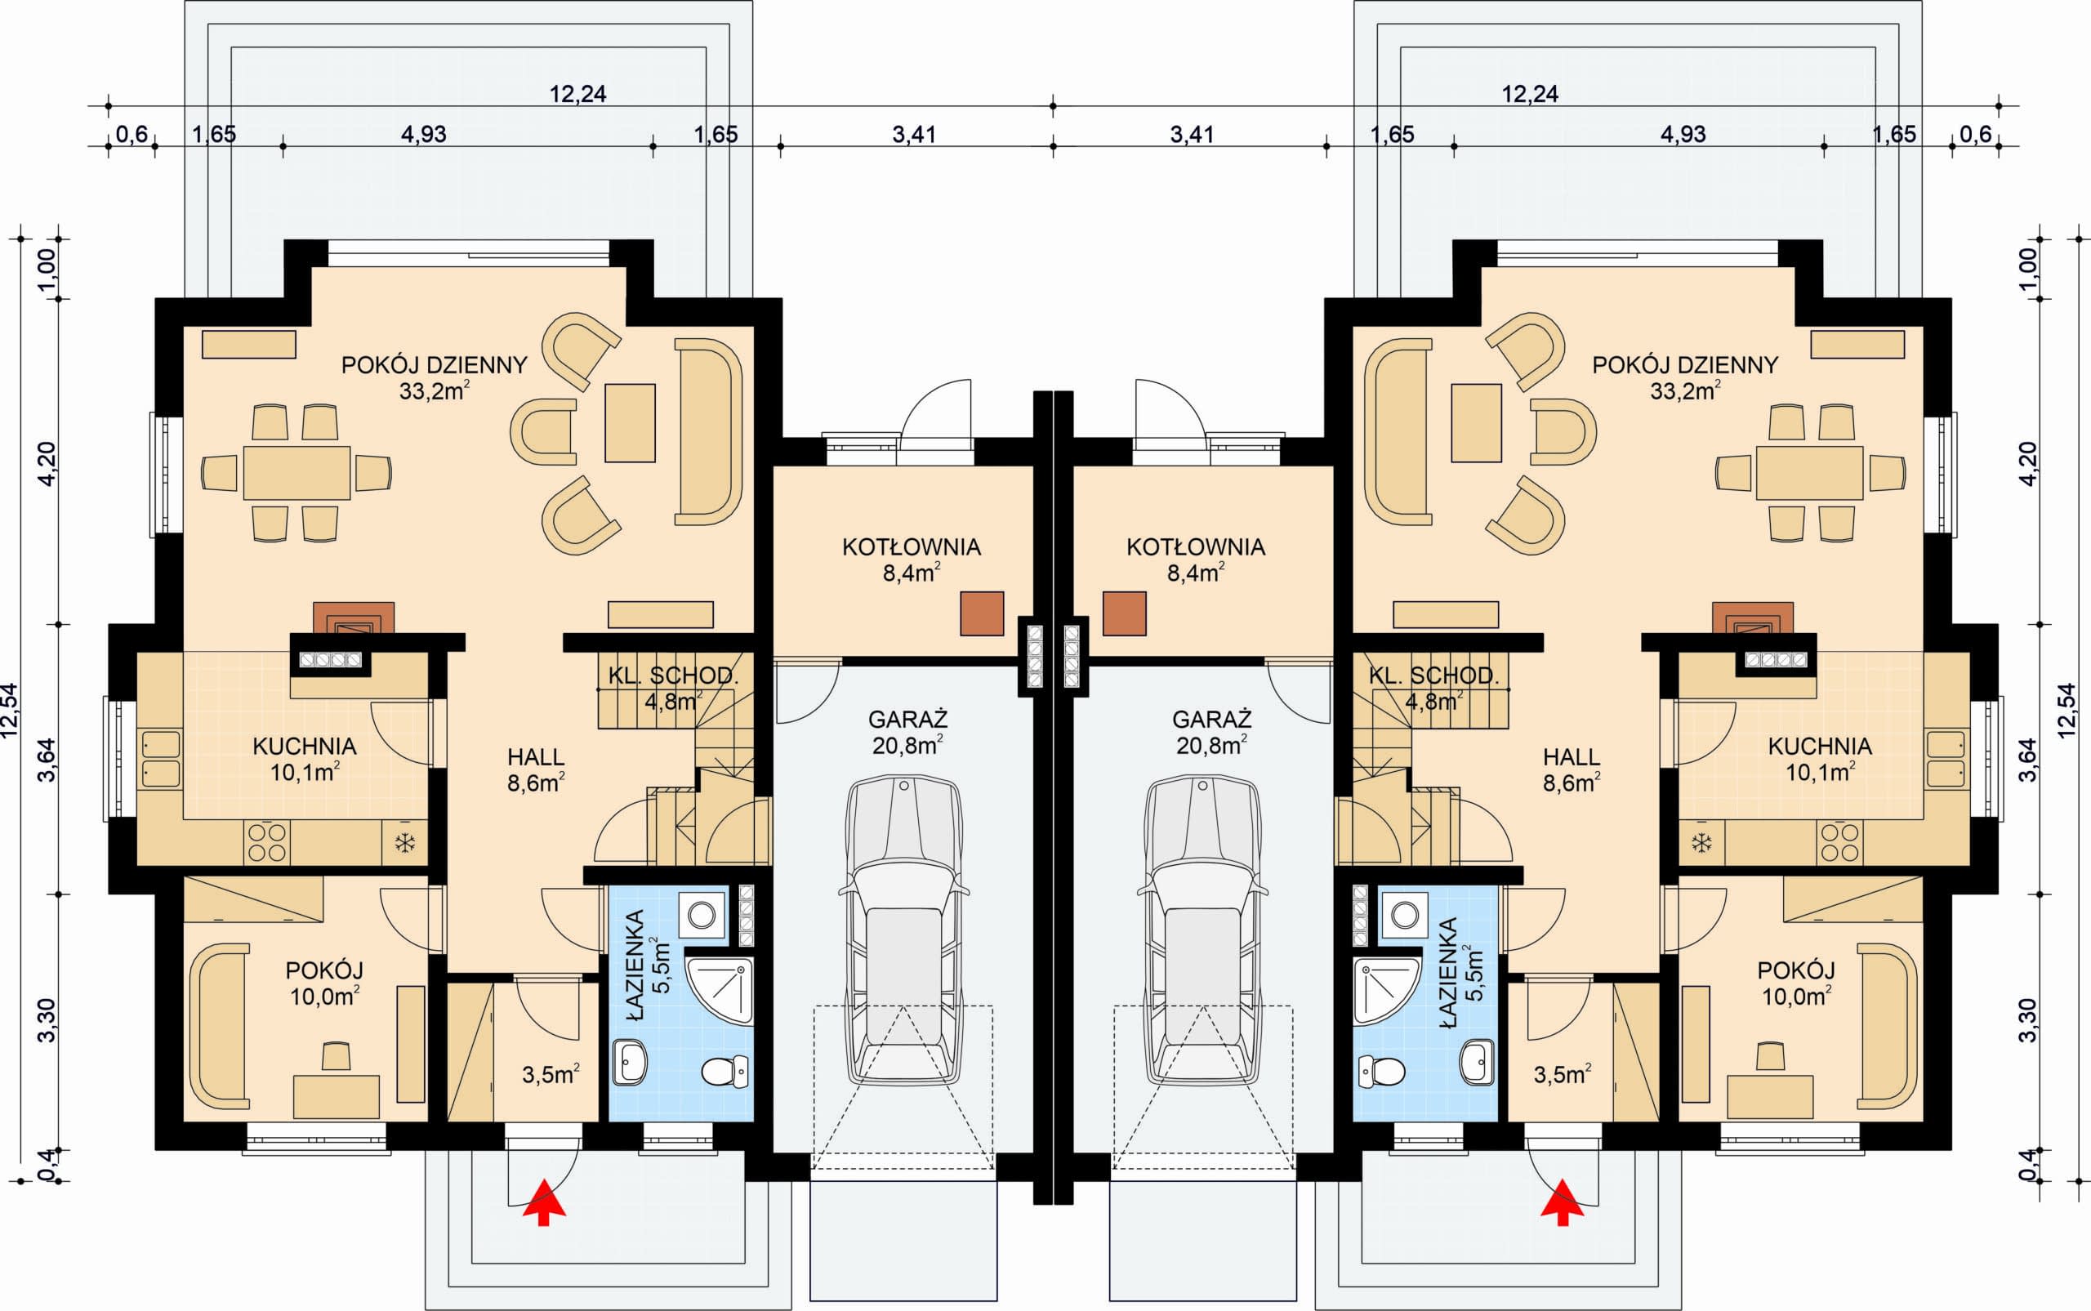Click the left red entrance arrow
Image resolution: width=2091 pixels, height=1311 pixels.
pyautogui.click(x=543, y=1202)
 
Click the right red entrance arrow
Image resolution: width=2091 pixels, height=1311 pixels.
pyautogui.click(x=1563, y=1202)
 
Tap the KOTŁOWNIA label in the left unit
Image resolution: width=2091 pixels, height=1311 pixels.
pyautogui.click(x=911, y=547)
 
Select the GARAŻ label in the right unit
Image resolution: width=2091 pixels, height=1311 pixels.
pyautogui.click(x=1211, y=719)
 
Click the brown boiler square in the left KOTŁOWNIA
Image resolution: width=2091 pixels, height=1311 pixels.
pyautogui.click(x=983, y=614)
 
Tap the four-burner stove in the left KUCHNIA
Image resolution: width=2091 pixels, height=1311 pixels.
pyautogui.click(x=267, y=841)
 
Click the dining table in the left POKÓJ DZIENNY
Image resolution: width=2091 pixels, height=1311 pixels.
pyautogui.click(x=296, y=473)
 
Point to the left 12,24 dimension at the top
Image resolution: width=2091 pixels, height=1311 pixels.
pyautogui.click(x=578, y=94)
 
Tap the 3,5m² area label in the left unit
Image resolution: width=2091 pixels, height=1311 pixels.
pyautogui.click(x=551, y=1075)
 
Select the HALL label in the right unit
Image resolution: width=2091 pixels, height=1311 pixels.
pyautogui.click(x=1572, y=757)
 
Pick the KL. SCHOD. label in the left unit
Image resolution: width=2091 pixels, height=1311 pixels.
pyautogui.click(x=673, y=676)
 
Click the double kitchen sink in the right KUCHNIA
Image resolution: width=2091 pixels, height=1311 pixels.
pyautogui.click(x=1946, y=759)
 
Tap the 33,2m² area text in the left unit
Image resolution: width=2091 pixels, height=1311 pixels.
pyautogui.click(x=435, y=391)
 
